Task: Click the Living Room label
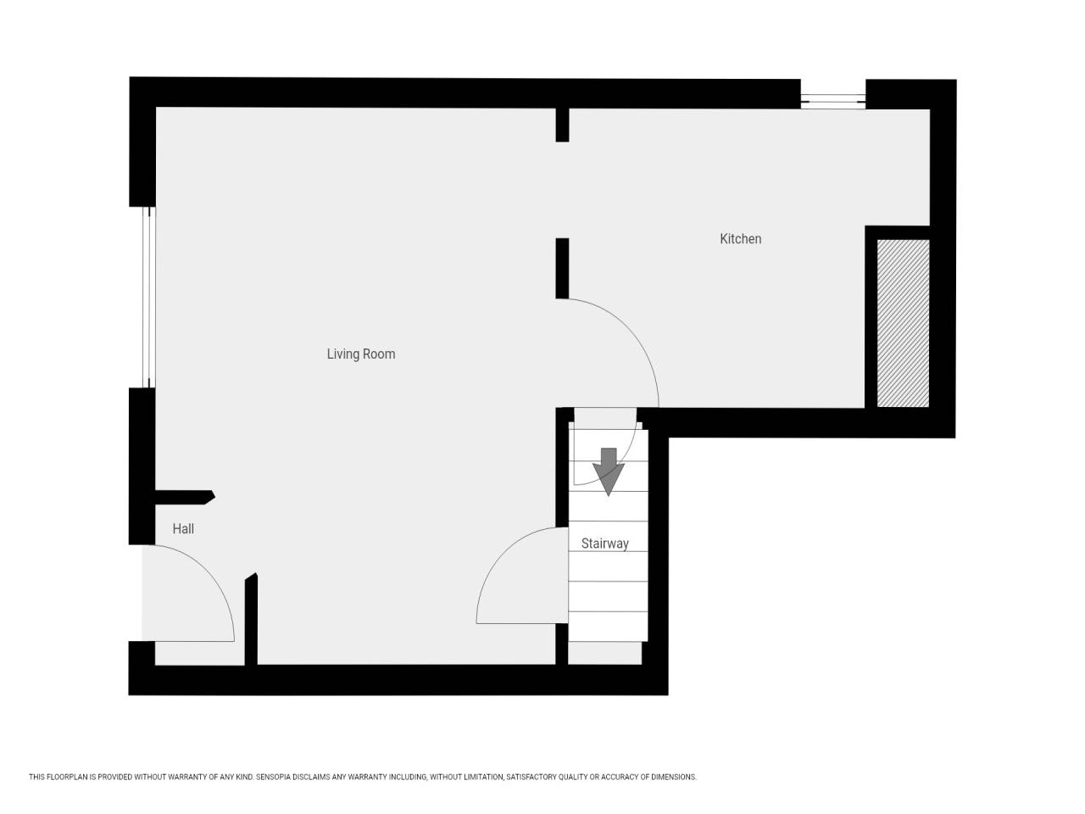coord(361,354)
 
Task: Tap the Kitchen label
coord(740,239)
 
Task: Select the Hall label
coord(183,529)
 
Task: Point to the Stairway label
coord(604,544)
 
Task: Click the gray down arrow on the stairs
coord(608,471)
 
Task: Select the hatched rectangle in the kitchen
coord(903,323)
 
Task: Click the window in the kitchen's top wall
coord(833,101)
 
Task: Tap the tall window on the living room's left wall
coord(149,297)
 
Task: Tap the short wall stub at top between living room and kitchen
coord(562,125)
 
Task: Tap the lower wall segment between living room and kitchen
coord(562,269)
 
